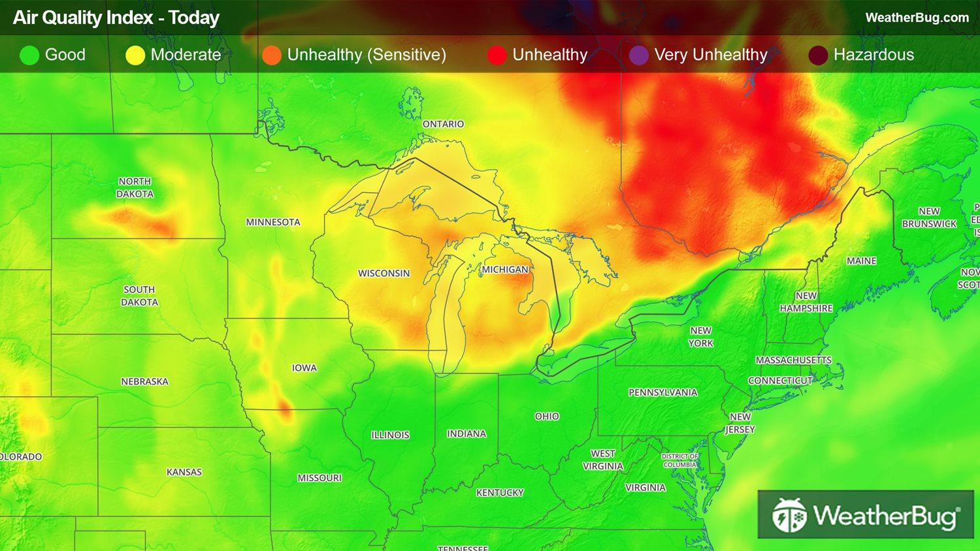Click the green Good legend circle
click(x=29, y=55)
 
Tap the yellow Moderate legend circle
click(x=135, y=55)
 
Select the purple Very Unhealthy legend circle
click(x=638, y=55)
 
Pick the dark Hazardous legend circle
click(x=818, y=55)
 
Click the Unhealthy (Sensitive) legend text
click(x=366, y=55)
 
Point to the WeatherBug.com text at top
click(x=917, y=18)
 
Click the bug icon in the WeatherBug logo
click(x=789, y=516)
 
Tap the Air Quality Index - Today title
click(x=116, y=18)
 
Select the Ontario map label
click(x=443, y=124)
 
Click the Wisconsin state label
click(x=384, y=274)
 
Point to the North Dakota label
click(x=135, y=187)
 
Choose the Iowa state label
click(x=304, y=368)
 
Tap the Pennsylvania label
click(x=662, y=392)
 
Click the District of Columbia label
click(x=679, y=460)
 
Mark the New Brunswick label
click(x=929, y=217)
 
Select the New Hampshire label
click(x=806, y=302)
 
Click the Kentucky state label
click(x=500, y=493)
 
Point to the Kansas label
click(x=184, y=472)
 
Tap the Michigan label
click(x=504, y=270)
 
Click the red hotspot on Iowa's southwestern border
click(x=285, y=410)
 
